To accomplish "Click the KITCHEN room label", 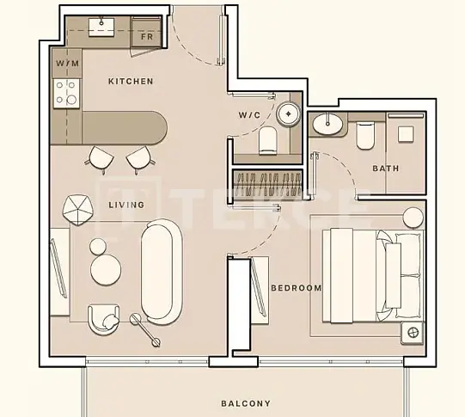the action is [x=131, y=82].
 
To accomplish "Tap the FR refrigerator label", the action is [x=147, y=37].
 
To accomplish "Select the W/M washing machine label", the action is [x=68, y=63].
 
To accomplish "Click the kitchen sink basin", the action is [x=101, y=28].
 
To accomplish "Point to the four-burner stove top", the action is [x=66, y=93].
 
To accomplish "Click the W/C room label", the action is [x=249, y=114].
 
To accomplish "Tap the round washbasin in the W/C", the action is [x=288, y=113].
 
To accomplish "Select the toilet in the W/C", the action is [x=268, y=141].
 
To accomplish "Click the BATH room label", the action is [x=386, y=169].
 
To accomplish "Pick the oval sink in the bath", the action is [x=327, y=124].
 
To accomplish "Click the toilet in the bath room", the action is [x=365, y=136].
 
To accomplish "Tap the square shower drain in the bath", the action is [x=406, y=134].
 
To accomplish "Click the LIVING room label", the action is [x=126, y=205].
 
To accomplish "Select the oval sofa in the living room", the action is [x=161, y=272].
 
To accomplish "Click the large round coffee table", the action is [x=106, y=270].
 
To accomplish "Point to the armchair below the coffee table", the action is [x=103, y=320].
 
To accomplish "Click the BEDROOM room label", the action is [x=297, y=288].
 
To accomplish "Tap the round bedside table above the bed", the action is [x=413, y=218].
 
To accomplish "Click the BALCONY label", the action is [x=246, y=403].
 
